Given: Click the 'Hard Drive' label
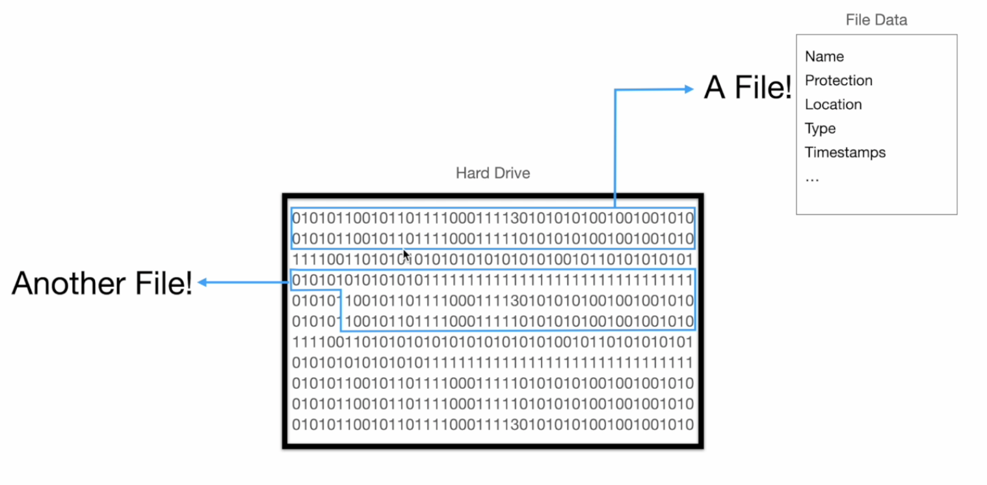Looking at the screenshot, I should point(493,173).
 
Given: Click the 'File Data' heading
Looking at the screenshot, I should point(876,20).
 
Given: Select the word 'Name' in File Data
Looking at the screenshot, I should point(824,57).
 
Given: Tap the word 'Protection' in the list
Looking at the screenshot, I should point(838,81).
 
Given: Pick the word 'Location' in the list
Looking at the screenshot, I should point(833,105).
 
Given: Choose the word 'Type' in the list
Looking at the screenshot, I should point(820,129).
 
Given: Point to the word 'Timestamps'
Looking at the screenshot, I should point(845,153).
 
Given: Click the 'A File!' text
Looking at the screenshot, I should point(747,88).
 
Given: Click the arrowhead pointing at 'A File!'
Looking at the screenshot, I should point(689,90).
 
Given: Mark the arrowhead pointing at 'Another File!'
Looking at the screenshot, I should point(202,282).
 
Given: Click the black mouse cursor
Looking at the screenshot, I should point(406,255).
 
